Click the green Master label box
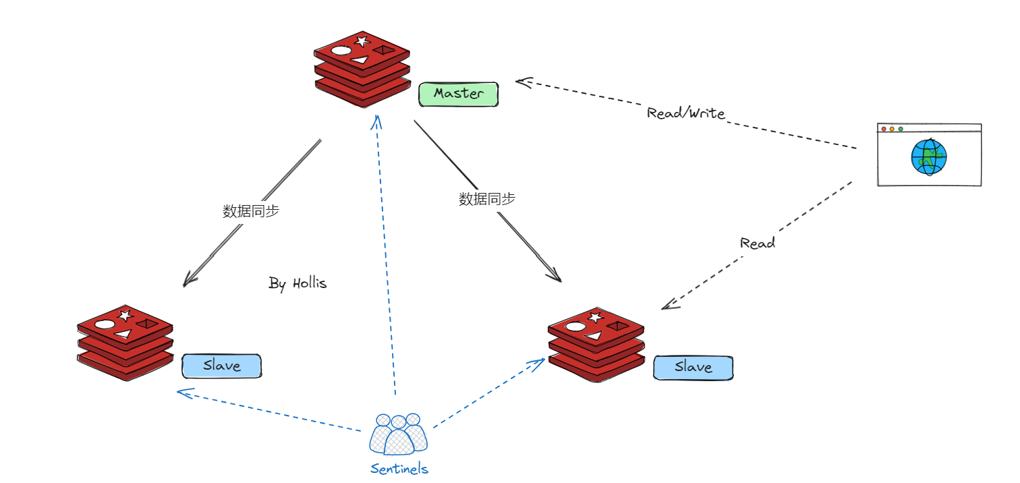(x=458, y=94)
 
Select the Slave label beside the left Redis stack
(x=221, y=366)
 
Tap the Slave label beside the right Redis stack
(x=693, y=368)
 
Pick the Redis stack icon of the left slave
(x=125, y=342)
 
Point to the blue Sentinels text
(x=399, y=469)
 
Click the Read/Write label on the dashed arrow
(x=685, y=113)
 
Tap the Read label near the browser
(x=757, y=244)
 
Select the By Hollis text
(x=297, y=283)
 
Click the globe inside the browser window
(x=929, y=157)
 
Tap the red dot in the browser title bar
(x=884, y=129)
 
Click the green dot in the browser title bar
(x=901, y=129)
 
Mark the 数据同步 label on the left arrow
(x=251, y=211)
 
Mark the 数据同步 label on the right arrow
(x=487, y=199)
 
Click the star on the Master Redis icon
(x=362, y=41)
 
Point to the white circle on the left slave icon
(x=105, y=324)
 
